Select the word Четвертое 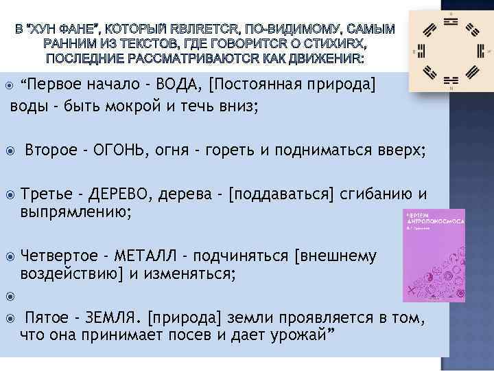[x=60, y=256]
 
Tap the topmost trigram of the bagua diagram [x=450, y=20]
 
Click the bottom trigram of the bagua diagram [x=450, y=81]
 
